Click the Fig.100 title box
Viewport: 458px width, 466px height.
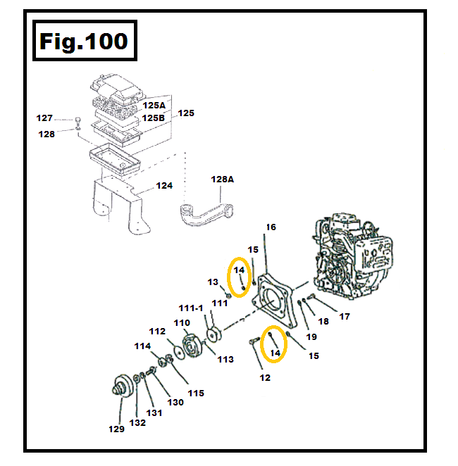coord(83,41)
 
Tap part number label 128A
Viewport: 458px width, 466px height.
coord(222,180)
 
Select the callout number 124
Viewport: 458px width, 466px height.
coord(164,186)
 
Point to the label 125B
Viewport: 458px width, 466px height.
coord(153,118)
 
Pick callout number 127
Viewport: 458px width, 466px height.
coord(45,118)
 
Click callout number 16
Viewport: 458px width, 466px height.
coord(271,227)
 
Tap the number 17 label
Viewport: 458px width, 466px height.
coord(344,317)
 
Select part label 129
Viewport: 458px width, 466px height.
coord(116,429)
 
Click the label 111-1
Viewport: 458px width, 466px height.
coord(190,308)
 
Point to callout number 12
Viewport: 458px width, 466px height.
coord(265,378)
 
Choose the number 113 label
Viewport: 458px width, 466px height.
coord(225,360)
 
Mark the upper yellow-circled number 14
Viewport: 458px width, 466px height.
coord(239,270)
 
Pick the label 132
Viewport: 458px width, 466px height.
coord(137,423)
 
